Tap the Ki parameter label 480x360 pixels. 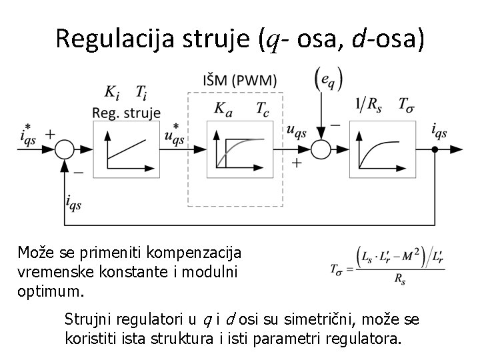(113, 93)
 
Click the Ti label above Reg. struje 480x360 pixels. (141, 93)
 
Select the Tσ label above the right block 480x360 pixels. (405, 104)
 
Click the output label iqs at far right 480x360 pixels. (439, 132)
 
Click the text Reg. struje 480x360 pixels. (126, 112)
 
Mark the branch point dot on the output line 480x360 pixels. (434, 149)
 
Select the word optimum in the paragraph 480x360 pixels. (45, 291)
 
